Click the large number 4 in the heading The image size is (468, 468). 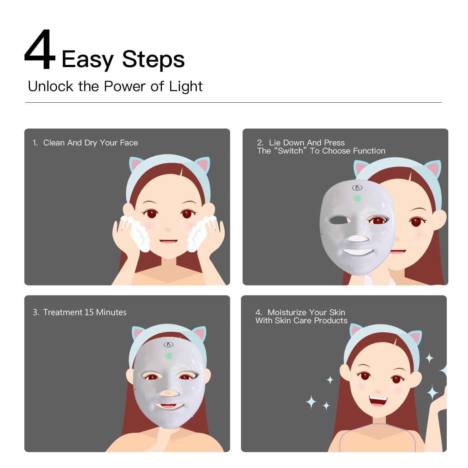point(40,50)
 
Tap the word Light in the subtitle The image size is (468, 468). point(186,86)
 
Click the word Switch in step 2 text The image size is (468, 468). point(290,151)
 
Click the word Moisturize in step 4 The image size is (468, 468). point(287,312)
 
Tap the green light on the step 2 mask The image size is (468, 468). point(357,198)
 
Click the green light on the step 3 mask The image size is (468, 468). point(168,355)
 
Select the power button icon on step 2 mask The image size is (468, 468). point(357,188)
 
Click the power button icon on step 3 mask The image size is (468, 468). point(168,345)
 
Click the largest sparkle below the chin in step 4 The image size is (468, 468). point(311,402)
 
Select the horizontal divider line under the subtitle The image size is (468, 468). point(233,102)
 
